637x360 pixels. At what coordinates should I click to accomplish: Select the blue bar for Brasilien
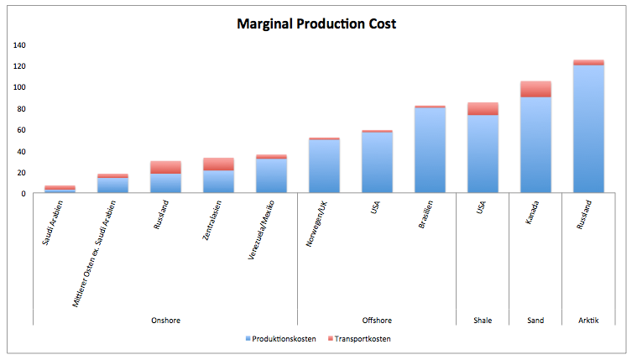430,151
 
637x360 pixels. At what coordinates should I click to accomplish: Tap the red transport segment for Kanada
535,89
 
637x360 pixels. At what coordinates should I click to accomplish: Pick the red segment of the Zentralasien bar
218,164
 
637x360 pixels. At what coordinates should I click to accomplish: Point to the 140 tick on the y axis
19,45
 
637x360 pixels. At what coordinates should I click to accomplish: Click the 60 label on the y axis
22,130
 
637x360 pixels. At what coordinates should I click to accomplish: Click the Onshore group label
165,321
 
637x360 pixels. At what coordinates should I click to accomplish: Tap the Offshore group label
377,321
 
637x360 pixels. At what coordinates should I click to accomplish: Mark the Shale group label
483,321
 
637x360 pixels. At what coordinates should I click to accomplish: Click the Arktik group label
588,321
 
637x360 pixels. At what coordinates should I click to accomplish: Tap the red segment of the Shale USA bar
483,108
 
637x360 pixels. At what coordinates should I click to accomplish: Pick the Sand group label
535,321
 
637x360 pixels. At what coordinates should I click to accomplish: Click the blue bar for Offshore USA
377,163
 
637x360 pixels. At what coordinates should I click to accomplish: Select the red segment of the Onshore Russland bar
165,167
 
